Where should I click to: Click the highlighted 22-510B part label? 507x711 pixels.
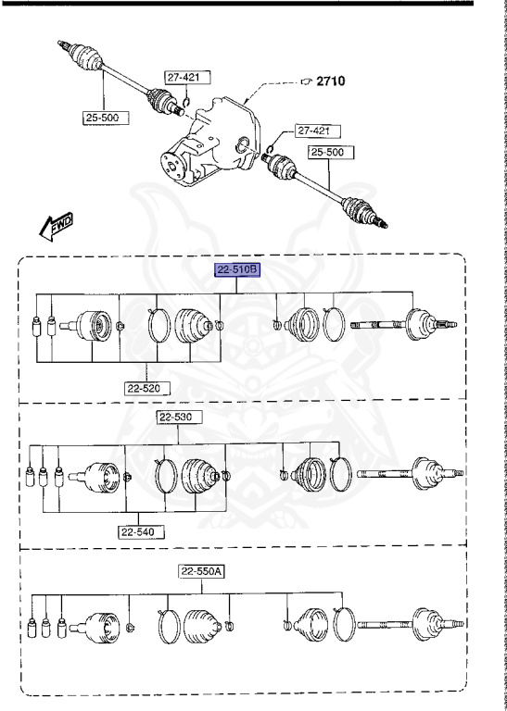(x=236, y=270)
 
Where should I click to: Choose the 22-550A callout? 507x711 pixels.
(x=202, y=571)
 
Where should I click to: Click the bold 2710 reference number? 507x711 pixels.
(x=330, y=81)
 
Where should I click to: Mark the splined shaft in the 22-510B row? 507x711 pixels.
(x=375, y=325)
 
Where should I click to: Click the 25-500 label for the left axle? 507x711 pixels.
(x=103, y=118)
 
